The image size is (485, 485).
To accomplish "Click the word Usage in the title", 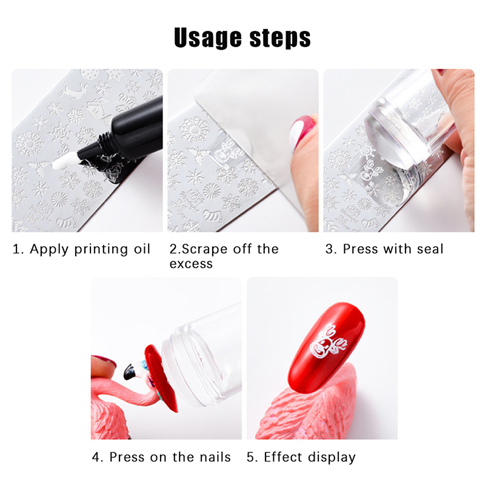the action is tap(207, 38).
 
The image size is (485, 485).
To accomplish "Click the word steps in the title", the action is tap(280, 38).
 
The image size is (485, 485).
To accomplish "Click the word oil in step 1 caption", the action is tap(142, 249).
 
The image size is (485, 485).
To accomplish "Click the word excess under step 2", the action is tap(191, 264).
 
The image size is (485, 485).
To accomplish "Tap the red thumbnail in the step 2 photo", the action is tap(301, 132).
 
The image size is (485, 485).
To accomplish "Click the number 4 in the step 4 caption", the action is tap(96, 458).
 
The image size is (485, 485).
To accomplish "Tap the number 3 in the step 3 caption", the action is tap(329, 249).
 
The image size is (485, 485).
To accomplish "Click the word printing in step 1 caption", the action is tap(101, 250).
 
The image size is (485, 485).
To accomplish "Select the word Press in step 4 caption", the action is tap(127, 457).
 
